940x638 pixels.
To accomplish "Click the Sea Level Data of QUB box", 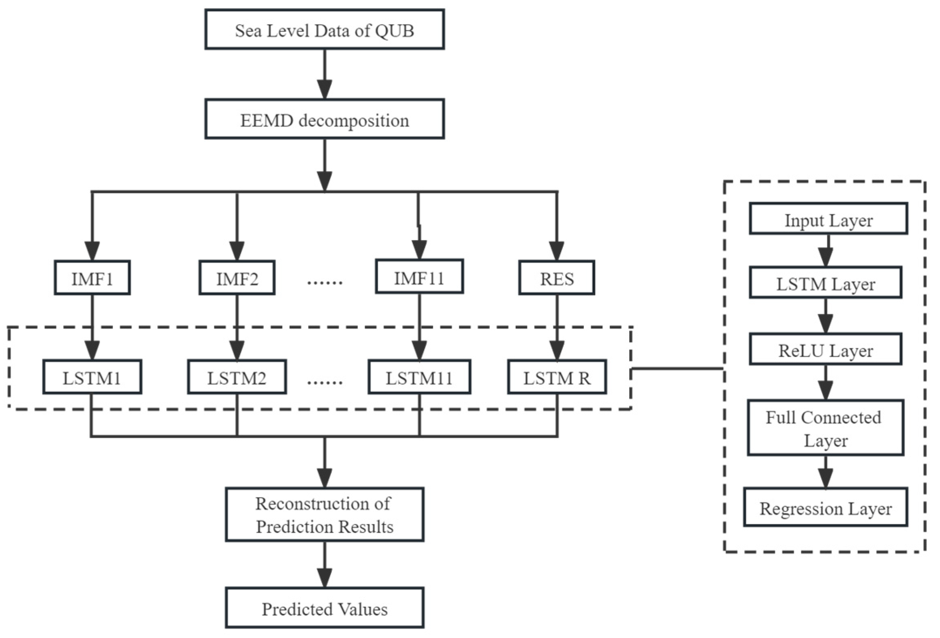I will pyautogui.click(x=324, y=30).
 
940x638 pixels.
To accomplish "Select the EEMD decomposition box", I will pyautogui.click(x=324, y=119).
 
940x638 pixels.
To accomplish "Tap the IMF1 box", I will pyautogui.click(x=92, y=278).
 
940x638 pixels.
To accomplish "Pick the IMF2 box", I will pyautogui.click(x=237, y=278).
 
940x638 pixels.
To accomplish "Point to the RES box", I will pyautogui.click(x=556, y=278).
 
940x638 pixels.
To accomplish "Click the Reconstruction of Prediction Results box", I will pyautogui.click(x=324, y=514).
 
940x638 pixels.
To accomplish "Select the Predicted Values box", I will pyautogui.click(x=324, y=608).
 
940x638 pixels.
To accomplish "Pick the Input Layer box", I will pyautogui.click(x=828, y=218).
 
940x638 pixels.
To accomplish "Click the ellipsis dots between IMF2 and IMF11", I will pyautogui.click(x=325, y=282).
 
